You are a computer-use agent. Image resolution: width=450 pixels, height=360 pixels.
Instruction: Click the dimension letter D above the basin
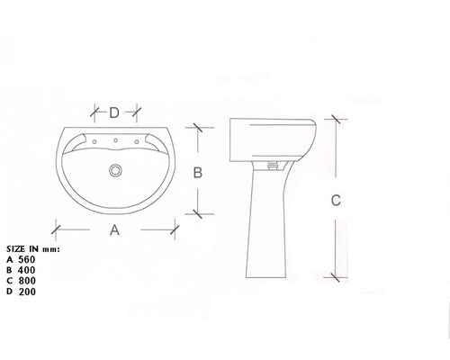(x=114, y=113)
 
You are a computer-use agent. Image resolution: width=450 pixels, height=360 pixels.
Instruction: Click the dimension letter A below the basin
(x=114, y=230)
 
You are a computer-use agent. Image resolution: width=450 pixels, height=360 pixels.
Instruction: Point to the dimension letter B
(x=198, y=173)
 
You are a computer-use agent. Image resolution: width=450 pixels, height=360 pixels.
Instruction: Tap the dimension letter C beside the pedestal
(x=336, y=200)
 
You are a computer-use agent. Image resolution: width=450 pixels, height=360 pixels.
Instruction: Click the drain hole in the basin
(x=115, y=170)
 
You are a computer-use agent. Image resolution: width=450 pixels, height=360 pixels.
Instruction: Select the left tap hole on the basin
(x=94, y=141)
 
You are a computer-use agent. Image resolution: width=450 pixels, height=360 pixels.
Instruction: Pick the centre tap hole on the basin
(x=115, y=140)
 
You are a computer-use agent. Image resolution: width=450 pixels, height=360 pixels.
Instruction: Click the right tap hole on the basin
(x=137, y=141)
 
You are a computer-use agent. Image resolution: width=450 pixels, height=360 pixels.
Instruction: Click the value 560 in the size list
(x=27, y=259)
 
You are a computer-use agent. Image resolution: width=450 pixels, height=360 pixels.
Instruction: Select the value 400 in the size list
(x=27, y=270)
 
